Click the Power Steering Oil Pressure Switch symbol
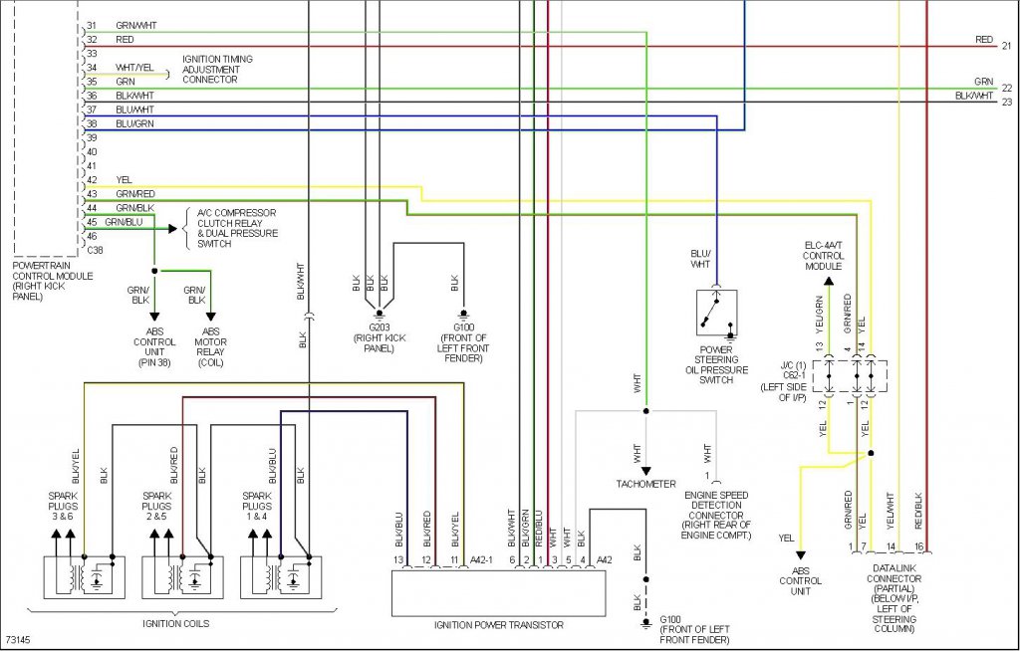tap(716, 313)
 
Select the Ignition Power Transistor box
tap(498, 593)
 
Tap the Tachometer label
tap(645, 484)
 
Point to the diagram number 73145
tap(18, 641)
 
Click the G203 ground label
tap(380, 327)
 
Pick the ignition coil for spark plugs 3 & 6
tap(85, 577)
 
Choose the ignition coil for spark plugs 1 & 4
tap(281, 577)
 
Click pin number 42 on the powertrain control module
tap(92, 180)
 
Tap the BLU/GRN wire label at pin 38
tap(134, 123)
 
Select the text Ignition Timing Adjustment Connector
tap(217, 69)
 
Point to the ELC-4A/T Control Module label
tap(823, 256)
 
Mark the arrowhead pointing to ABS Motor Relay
tap(210, 317)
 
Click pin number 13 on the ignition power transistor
tap(398, 560)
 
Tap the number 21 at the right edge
tap(1007, 46)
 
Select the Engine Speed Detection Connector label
tap(716, 515)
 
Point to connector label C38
tap(95, 251)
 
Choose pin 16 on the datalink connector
tap(919, 546)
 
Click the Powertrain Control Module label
tap(53, 281)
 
